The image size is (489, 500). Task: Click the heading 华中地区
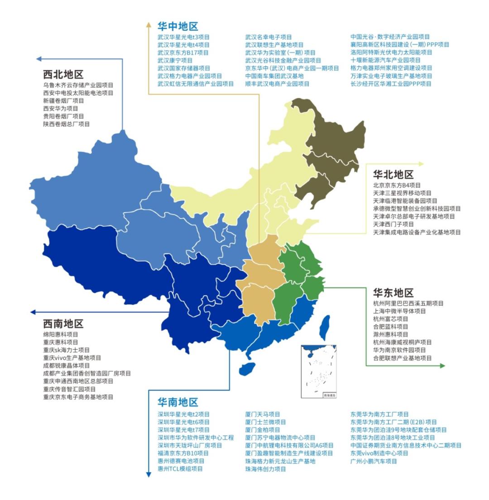[x=177, y=26]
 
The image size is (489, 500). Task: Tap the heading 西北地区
[x=63, y=74]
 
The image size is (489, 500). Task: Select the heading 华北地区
[x=393, y=175]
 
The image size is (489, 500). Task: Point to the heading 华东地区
[x=393, y=293]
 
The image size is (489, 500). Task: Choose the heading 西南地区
[x=63, y=324]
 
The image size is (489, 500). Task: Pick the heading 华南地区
[x=177, y=402]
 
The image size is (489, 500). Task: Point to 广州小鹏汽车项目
[x=374, y=461]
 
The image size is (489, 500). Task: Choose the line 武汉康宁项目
[x=175, y=60]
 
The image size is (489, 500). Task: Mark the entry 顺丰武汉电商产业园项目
[x=277, y=84]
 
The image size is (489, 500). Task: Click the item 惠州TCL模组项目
[x=180, y=469]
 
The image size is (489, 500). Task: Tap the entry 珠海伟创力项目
[x=265, y=469]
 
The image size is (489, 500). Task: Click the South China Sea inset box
[x=319, y=371]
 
